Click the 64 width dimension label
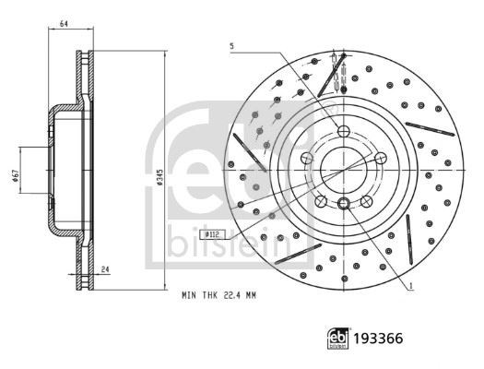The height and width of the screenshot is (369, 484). click(x=64, y=23)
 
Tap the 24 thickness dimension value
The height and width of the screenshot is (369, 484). click(x=105, y=269)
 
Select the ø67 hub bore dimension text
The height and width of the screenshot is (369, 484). click(x=16, y=175)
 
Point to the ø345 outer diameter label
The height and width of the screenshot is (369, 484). click(x=159, y=177)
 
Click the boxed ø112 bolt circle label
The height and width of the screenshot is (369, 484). click(x=212, y=234)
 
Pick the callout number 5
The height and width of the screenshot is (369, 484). click(x=231, y=47)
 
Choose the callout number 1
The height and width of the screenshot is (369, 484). click(x=410, y=286)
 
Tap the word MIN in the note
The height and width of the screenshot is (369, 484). click(x=189, y=295)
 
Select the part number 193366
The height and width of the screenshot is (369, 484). click(x=378, y=339)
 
